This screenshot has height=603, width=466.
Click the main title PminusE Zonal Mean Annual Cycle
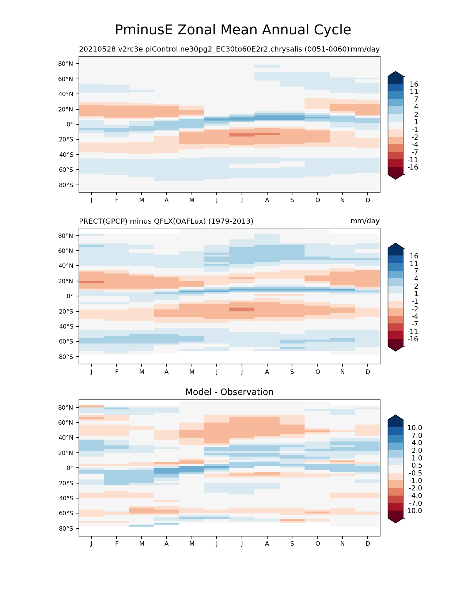[x=233, y=30]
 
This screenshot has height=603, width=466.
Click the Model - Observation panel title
[x=229, y=392]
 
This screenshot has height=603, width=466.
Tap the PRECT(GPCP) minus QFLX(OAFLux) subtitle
[x=166, y=221]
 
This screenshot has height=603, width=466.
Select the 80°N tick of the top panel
[x=66, y=64]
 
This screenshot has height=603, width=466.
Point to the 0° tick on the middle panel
[x=69, y=296]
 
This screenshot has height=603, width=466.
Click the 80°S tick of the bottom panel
[x=66, y=528]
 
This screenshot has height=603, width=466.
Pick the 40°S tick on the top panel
[x=66, y=155]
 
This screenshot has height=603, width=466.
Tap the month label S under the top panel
[x=292, y=200]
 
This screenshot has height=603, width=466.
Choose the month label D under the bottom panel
[x=368, y=543]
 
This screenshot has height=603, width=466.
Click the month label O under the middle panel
[x=318, y=372]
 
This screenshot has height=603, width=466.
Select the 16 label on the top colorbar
[x=414, y=84]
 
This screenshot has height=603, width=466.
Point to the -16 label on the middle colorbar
[x=413, y=339]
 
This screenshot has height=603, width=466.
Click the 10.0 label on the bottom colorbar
[x=415, y=428]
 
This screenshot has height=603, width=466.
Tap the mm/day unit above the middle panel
[x=365, y=221]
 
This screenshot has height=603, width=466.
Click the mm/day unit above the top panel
[x=365, y=49]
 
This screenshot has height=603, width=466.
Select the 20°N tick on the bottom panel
[x=66, y=453]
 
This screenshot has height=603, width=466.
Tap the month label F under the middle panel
[x=117, y=372]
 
